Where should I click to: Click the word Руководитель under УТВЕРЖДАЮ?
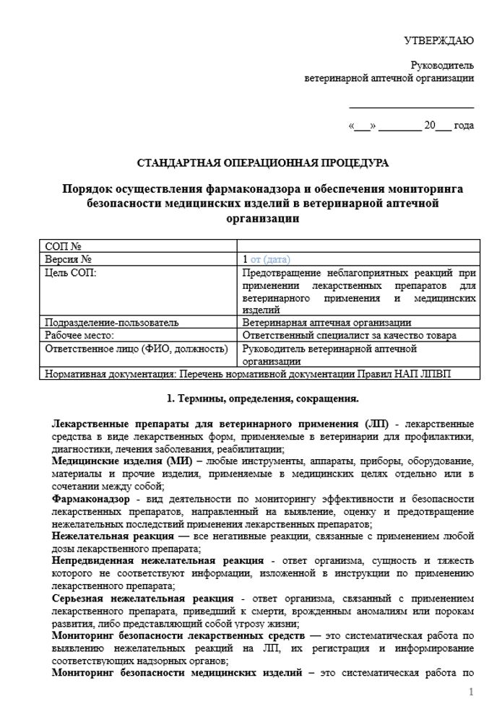point(442,65)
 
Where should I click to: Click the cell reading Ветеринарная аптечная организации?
point(327,322)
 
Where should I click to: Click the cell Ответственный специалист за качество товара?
point(350,335)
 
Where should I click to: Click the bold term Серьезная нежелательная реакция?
point(143,599)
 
